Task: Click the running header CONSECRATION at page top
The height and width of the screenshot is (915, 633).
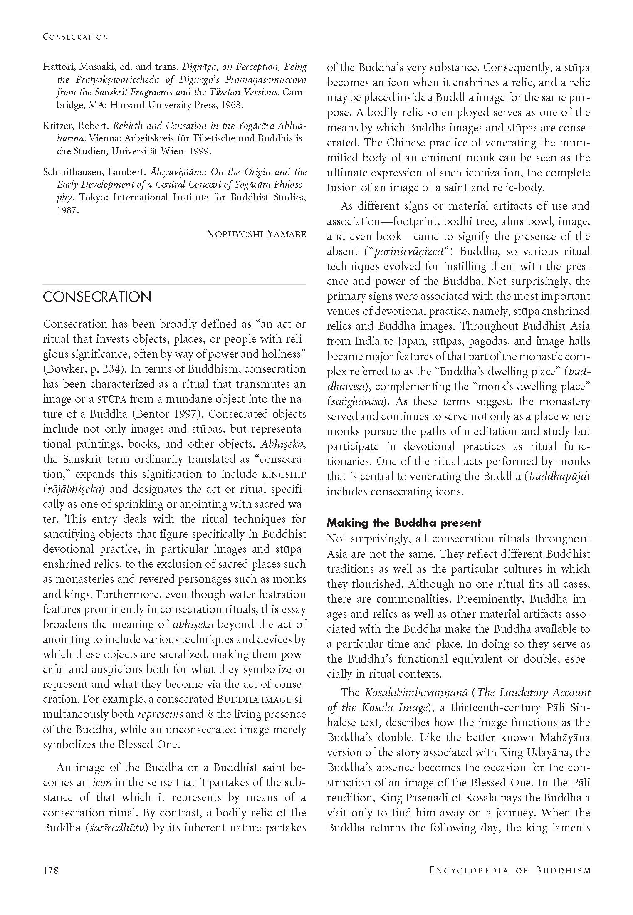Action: [75, 37]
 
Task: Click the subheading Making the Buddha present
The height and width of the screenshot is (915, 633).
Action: [404, 523]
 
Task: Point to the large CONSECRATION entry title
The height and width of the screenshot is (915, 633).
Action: [97, 297]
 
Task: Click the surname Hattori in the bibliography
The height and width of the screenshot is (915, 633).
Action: [57, 67]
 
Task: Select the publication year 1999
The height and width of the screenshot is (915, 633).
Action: [200, 151]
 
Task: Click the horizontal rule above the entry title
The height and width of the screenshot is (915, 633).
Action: [174, 284]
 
